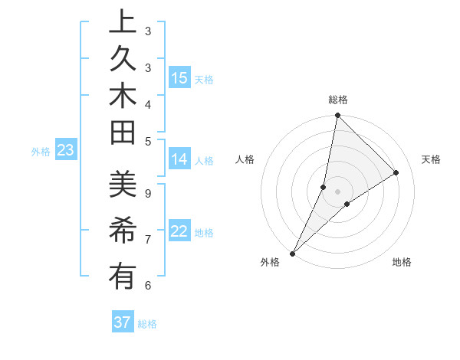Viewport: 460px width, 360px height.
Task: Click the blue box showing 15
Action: coord(179,78)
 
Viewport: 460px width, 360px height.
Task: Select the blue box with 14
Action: coord(179,159)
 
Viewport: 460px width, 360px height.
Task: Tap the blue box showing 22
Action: coord(179,231)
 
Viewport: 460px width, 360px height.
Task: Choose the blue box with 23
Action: coord(66,151)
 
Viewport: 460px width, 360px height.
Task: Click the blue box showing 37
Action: coord(123,322)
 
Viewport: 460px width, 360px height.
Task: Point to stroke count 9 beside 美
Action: coord(148,193)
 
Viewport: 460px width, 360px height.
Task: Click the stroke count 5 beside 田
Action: coord(148,141)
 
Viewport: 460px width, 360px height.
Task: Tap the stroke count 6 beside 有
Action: coord(148,285)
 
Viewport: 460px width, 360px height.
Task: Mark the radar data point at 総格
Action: coord(337,116)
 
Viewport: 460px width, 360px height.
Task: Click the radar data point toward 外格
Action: coord(293,253)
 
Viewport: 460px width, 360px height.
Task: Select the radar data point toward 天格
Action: coord(396,172)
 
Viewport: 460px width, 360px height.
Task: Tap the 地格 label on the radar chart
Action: coord(402,263)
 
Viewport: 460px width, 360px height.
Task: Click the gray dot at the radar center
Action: coord(337,191)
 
